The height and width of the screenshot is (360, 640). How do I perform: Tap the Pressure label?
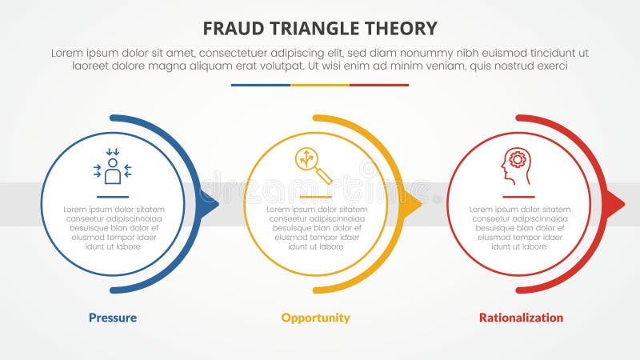pyautogui.click(x=113, y=318)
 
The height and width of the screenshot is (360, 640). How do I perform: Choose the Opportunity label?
pyautogui.click(x=315, y=318)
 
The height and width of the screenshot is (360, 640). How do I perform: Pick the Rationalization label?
pyautogui.click(x=521, y=318)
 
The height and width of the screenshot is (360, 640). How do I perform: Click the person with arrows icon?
pyautogui.click(x=113, y=166)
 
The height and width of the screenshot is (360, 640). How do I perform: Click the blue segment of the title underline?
pyautogui.click(x=261, y=85)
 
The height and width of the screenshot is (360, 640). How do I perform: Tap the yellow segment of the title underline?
pyautogui.click(x=320, y=85)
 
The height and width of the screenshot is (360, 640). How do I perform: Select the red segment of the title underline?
pyautogui.click(x=379, y=85)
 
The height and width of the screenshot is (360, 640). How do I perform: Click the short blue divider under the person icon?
pyautogui.click(x=113, y=196)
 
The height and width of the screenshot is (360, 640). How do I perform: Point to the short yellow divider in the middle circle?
pyautogui.click(x=315, y=196)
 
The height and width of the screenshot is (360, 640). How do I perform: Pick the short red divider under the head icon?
pyautogui.click(x=518, y=196)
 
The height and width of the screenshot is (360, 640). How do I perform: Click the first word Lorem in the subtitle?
pyautogui.click(x=67, y=52)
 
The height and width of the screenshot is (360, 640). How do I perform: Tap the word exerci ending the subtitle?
pyautogui.click(x=550, y=66)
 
